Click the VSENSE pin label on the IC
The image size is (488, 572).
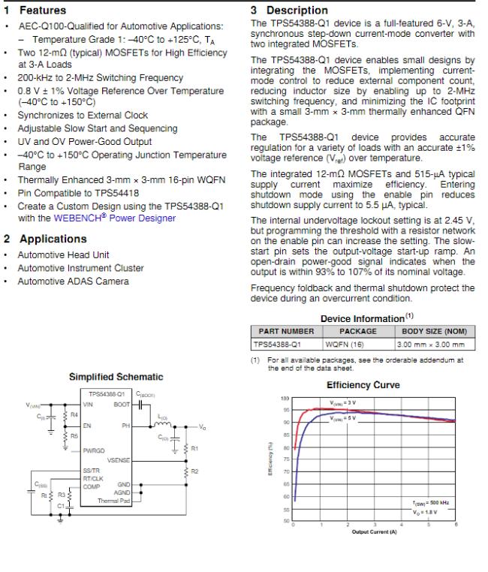(x=118, y=460)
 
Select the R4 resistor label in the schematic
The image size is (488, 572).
(x=74, y=414)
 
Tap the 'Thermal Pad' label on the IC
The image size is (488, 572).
(x=116, y=501)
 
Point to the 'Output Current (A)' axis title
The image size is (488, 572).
(x=373, y=533)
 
